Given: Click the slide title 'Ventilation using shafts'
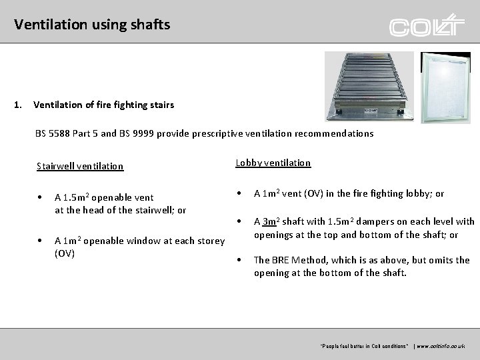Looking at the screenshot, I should point(92,25).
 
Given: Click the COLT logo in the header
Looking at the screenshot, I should point(427,26).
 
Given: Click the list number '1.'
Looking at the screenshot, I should point(19,104).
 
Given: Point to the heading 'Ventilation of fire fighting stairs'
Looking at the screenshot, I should point(103,104).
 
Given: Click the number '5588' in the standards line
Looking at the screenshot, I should point(63,133).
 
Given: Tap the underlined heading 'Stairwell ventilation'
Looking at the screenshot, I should point(80,166).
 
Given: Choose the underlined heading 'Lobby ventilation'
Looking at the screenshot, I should point(273,163).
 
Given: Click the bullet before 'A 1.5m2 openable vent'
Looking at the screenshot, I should point(41,197).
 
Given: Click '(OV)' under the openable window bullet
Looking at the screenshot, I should point(65,253).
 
